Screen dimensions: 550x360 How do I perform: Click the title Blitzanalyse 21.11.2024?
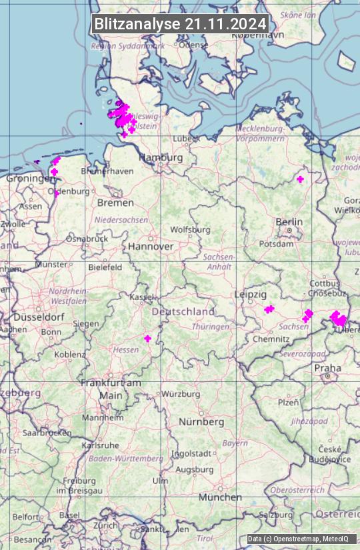pos(180,23)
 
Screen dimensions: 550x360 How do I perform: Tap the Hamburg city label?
pos(161,158)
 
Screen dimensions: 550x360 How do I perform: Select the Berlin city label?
pos(289,222)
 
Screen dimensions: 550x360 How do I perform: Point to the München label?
pos(219,497)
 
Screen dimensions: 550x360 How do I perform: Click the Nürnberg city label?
pos(201,422)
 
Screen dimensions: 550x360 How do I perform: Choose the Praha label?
pos(327,368)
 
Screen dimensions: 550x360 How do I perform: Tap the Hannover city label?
pos(151,247)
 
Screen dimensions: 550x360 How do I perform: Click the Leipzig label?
pos(251,295)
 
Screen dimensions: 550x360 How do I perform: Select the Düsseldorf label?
pos(33,317)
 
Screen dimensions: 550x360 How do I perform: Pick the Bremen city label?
pos(115,203)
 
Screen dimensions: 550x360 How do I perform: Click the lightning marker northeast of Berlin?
pos(300,179)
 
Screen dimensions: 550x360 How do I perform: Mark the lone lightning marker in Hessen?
pos(147,339)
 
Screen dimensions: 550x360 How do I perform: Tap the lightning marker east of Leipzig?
pos(269,309)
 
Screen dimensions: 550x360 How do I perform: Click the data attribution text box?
pos(298,539)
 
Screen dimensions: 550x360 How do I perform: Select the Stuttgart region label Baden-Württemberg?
pos(127,459)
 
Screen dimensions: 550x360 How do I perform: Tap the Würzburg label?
pos(181,394)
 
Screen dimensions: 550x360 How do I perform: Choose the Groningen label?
pos(31,179)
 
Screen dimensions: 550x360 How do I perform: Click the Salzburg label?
pos(275,515)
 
